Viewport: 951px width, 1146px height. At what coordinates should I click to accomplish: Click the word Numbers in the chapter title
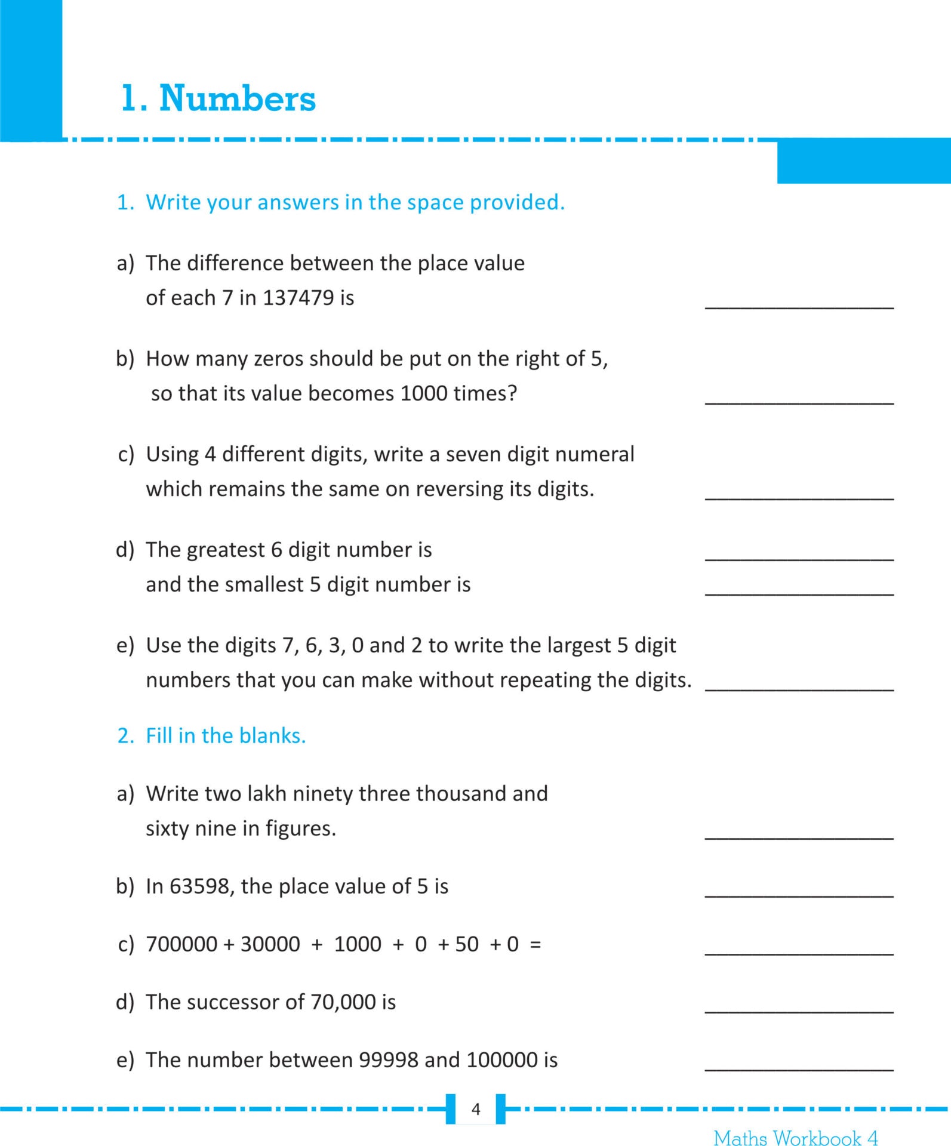237,98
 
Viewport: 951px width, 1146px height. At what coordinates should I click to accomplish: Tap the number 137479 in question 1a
298,298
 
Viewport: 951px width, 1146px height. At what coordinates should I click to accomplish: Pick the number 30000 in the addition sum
270,944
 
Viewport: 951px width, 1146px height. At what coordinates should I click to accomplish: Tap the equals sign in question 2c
535,944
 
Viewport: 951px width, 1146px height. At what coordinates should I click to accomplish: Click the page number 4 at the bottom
476,1109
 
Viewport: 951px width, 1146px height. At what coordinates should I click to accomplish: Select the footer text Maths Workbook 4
795,1138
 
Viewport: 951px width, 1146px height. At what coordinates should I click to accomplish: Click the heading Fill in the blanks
226,736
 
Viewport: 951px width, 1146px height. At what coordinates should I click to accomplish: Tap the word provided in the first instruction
516,203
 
